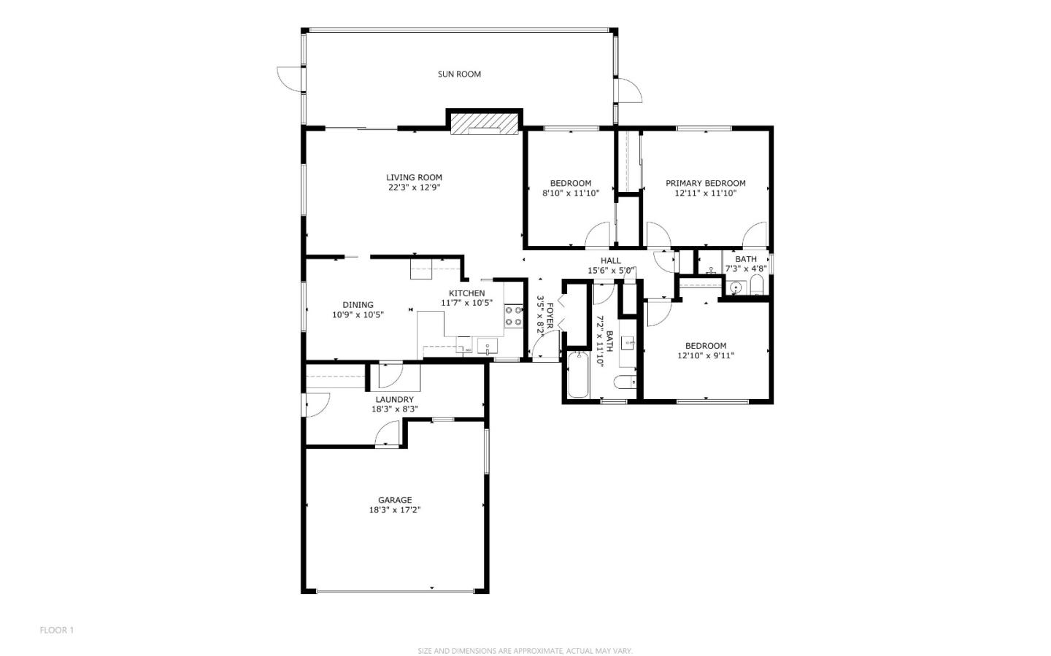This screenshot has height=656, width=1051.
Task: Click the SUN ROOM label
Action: (459, 74)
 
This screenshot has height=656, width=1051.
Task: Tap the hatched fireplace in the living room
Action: (485, 123)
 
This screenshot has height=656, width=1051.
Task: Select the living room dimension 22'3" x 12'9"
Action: (414, 188)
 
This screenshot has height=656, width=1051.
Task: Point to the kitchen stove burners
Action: (514, 316)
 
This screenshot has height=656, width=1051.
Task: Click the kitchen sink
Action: (488, 347)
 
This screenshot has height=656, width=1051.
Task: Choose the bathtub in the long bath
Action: (578, 374)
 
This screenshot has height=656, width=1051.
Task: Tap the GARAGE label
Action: (395, 501)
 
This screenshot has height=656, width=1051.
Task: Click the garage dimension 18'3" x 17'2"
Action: (395, 510)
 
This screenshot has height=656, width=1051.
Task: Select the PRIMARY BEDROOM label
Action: (706, 183)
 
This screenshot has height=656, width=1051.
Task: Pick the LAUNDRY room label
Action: (395, 400)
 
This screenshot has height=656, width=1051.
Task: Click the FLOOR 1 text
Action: (57, 630)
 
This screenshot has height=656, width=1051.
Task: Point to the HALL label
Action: (611, 261)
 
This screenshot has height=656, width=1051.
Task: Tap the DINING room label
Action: (358, 305)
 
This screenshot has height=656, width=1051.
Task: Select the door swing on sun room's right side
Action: (630, 90)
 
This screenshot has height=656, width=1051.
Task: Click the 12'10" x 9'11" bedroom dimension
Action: (706, 355)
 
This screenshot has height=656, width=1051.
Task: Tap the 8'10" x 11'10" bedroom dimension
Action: (571, 193)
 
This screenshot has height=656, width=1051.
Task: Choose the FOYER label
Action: (550, 316)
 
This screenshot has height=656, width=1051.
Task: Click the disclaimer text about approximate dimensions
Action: (525, 651)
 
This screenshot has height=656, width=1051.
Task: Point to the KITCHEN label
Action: (467, 293)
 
